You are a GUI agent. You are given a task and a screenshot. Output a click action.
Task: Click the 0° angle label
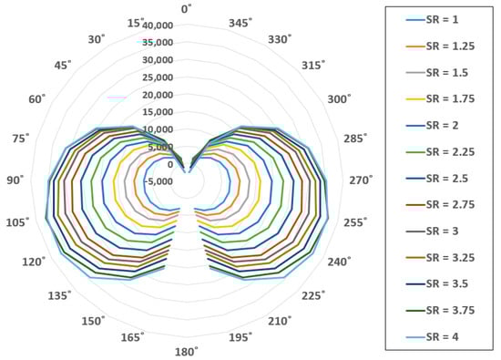click(x=186, y=9)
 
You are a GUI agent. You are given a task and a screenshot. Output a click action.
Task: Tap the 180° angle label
click(x=186, y=352)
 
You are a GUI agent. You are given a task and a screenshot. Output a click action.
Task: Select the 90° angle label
click(x=15, y=180)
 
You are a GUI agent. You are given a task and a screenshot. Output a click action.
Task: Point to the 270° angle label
click(x=361, y=180)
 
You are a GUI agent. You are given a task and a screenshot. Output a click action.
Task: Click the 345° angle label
click(x=240, y=23)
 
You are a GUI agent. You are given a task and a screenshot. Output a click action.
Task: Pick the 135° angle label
click(x=59, y=295)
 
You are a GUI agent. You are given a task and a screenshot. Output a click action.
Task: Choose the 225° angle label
click(x=313, y=295)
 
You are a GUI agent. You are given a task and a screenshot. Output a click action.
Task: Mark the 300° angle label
click(x=339, y=98)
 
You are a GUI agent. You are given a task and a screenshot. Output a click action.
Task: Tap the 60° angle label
click(x=37, y=98)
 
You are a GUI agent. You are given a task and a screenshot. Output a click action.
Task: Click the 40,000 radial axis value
click(x=158, y=26)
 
